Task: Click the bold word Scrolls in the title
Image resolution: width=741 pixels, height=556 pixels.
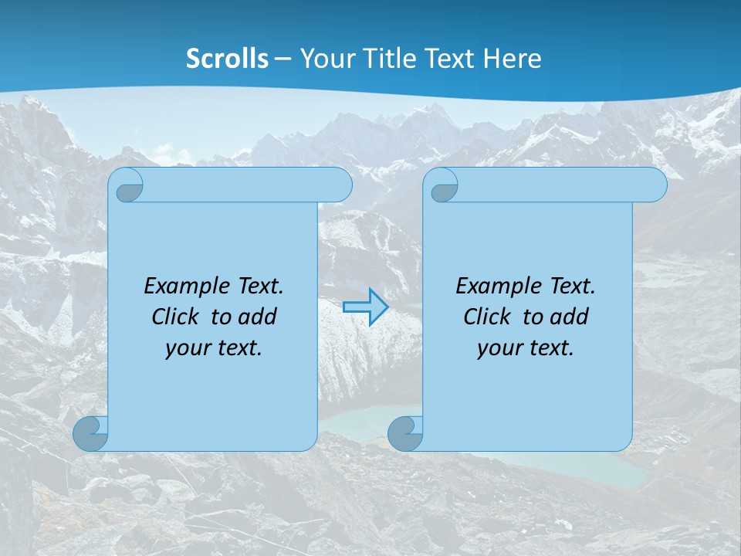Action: point(228,58)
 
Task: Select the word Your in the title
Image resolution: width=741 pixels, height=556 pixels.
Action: point(324,58)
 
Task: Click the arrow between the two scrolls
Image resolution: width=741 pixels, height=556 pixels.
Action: point(365,307)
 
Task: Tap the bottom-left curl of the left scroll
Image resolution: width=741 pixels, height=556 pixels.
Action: point(90,433)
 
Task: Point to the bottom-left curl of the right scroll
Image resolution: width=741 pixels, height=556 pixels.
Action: point(405,433)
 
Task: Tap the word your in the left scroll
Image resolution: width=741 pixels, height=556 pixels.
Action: point(186,348)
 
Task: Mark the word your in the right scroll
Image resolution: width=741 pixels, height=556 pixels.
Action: point(498,348)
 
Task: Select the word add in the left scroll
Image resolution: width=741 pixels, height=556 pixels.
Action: point(258,317)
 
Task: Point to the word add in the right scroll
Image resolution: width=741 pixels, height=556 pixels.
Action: point(570,317)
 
